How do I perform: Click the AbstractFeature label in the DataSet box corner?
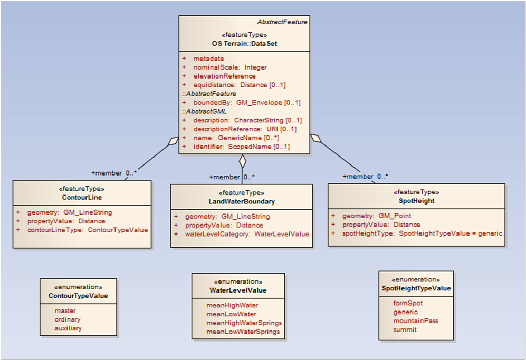pos(282,22)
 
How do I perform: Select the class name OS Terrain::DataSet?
pos(244,43)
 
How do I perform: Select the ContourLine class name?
pos(82,197)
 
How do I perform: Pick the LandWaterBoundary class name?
pos(242,201)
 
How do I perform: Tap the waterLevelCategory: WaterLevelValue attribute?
pos(247,234)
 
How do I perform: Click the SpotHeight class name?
pos(416,201)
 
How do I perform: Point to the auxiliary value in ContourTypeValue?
pos(68,328)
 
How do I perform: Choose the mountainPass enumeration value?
pos(415,320)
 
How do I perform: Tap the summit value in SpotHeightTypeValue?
pos(405,329)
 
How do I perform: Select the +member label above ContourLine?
pos(107,173)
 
